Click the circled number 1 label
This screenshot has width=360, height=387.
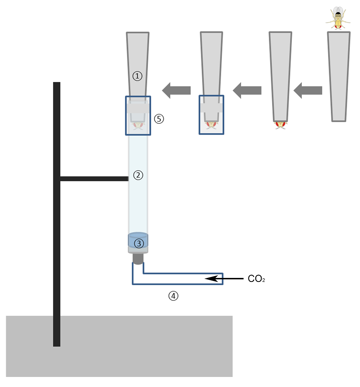tap(138, 76)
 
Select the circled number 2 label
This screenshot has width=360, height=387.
tap(138, 175)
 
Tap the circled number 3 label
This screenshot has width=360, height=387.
tap(139, 244)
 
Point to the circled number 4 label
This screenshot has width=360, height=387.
tap(174, 296)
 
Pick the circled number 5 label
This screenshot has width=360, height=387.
tap(159, 119)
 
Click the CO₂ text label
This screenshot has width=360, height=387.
tap(256, 279)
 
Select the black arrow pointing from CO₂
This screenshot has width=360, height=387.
tap(225, 278)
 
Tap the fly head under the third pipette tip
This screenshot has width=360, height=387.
tap(280, 125)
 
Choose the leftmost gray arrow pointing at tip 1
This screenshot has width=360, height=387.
tap(176, 90)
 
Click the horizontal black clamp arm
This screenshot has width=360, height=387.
tap(94, 179)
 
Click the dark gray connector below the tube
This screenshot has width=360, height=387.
tap(138, 258)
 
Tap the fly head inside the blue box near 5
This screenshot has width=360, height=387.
tap(138, 126)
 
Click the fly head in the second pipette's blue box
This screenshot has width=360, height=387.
tap(211, 125)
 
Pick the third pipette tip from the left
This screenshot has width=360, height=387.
tap(280, 76)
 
